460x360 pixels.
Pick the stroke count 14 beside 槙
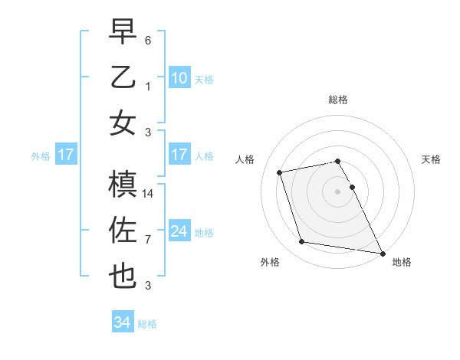click(149, 195)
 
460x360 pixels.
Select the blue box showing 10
click(179, 77)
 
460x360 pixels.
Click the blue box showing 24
click(179, 231)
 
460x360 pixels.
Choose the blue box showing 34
click(122, 322)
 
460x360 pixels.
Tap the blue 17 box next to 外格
click(65, 155)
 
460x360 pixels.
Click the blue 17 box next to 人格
click(179, 155)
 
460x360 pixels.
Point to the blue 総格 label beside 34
click(147, 324)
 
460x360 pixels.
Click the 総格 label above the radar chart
click(337, 100)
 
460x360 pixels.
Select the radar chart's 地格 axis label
click(402, 263)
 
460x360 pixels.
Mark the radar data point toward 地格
click(382, 253)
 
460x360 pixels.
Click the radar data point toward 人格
click(280, 172)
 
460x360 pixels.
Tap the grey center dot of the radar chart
click(337, 191)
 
